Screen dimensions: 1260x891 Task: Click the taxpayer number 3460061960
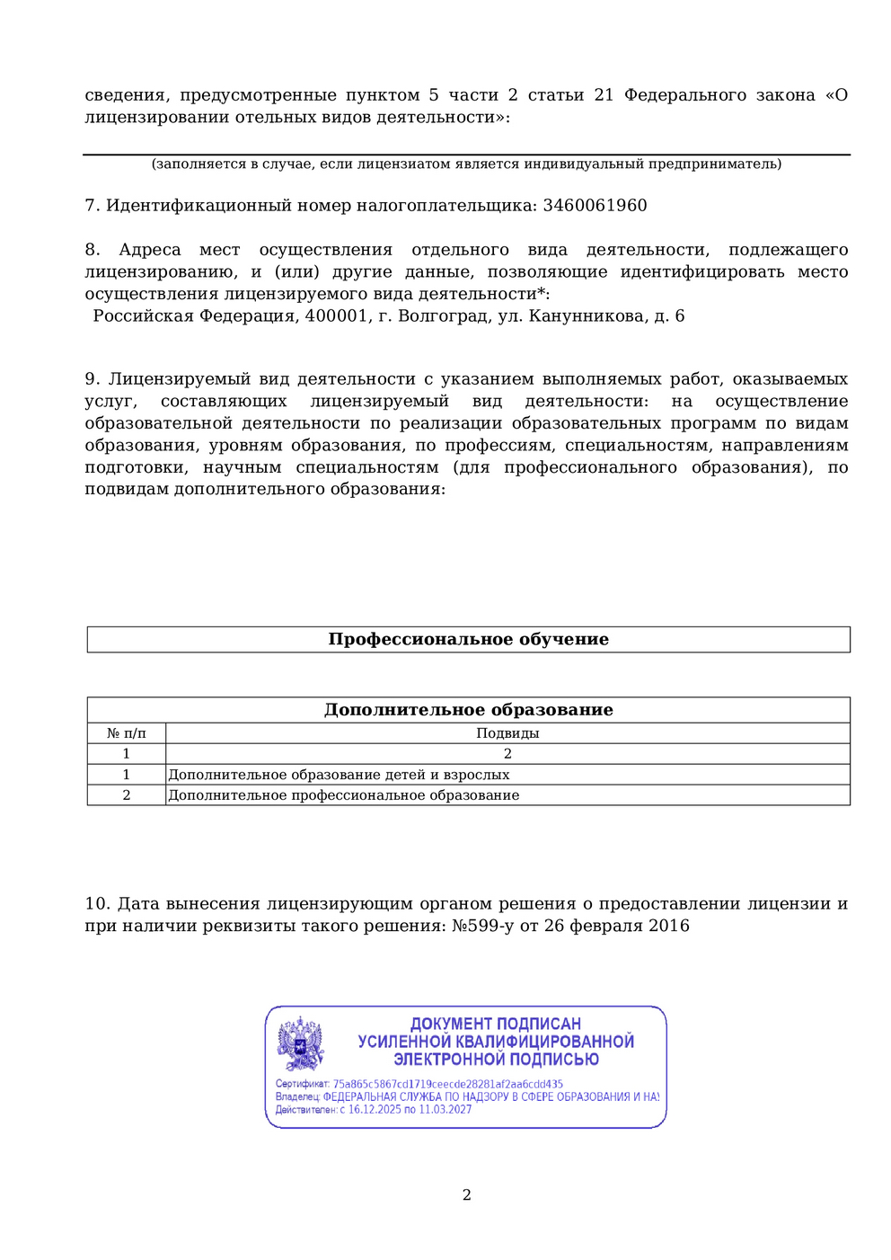pyautogui.click(x=595, y=206)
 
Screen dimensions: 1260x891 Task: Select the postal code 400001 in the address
pyautogui.click(x=336, y=316)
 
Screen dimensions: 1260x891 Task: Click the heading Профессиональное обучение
pyautogui.click(x=468, y=640)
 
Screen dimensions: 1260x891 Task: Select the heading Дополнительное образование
pyautogui.click(x=468, y=710)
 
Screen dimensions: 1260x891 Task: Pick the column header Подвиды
pyautogui.click(x=507, y=733)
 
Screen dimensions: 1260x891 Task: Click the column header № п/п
pyautogui.click(x=127, y=733)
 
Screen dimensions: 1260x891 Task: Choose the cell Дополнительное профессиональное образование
pyautogui.click(x=344, y=795)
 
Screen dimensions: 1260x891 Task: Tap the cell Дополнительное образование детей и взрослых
pyautogui.click(x=339, y=775)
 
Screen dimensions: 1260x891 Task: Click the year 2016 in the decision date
pyautogui.click(x=669, y=927)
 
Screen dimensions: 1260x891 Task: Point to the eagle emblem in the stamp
pyautogui.click(x=300, y=1043)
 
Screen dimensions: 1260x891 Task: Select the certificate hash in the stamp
pyautogui.click(x=447, y=1085)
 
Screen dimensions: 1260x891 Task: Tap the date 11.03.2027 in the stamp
pyautogui.click(x=445, y=1110)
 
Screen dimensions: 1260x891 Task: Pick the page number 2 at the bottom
pyautogui.click(x=467, y=1195)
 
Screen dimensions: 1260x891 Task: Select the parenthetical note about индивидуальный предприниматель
pyautogui.click(x=466, y=164)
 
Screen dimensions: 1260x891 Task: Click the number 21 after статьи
pyautogui.click(x=604, y=95)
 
